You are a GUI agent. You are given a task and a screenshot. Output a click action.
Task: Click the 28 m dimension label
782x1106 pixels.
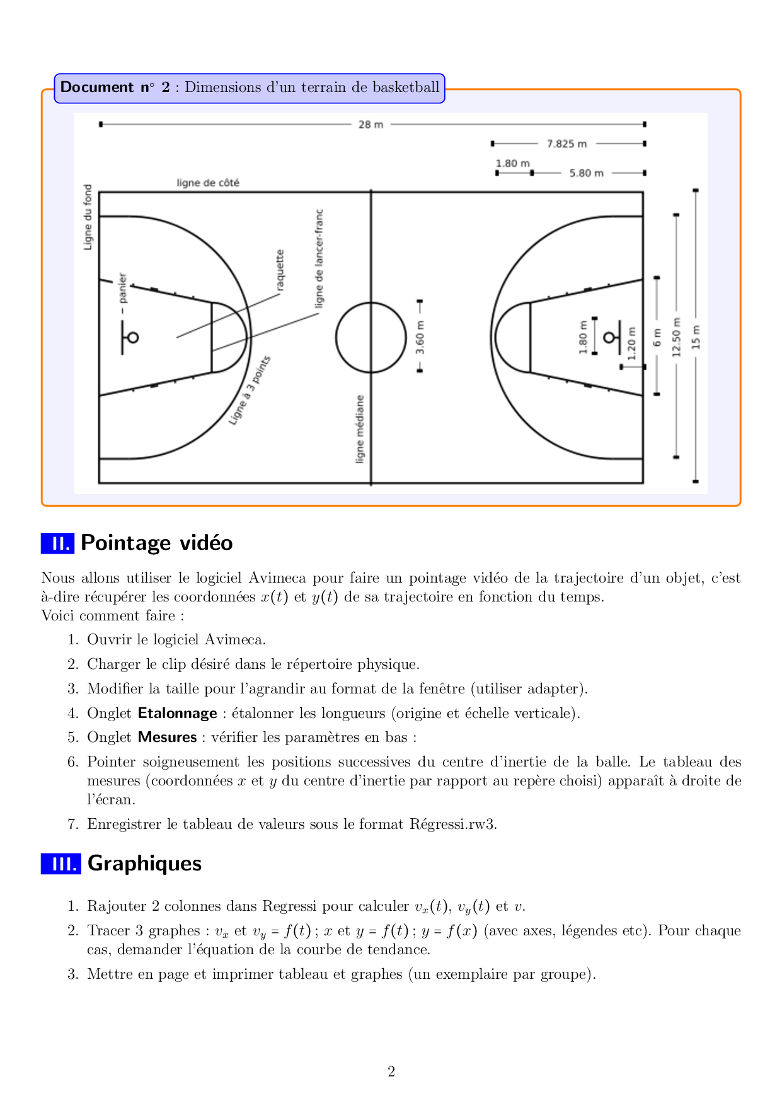tap(371, 125)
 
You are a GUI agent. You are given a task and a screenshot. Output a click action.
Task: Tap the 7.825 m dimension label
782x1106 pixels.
tap(566, 144)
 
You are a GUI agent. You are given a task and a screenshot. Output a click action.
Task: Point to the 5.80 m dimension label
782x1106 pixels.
tap(586, 173)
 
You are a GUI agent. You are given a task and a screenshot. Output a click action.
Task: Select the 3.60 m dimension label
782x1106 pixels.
tap(420, 338)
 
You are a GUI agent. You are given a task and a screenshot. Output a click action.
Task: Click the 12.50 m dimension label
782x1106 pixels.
tap(677, 337)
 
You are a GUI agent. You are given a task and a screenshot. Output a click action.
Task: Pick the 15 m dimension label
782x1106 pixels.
tap(696, 337)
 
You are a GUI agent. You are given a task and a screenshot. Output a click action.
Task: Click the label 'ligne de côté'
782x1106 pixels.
tap(208, 183)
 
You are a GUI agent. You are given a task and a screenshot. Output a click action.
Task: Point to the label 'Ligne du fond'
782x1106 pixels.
tap(88, 217)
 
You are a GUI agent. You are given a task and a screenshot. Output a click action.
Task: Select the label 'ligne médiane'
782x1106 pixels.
tap(360, 429)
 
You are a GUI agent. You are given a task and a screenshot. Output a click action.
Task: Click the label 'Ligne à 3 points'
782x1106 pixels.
tap(250, 390)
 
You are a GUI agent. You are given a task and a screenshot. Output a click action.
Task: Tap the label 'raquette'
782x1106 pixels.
tap(280, 270)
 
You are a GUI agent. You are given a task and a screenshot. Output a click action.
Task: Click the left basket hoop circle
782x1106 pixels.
tap(132, 338)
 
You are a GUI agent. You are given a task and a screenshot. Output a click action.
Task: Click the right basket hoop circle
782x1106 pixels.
tap(609, 338)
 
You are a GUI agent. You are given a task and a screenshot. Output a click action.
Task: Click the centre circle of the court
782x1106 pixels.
tap(371, 338)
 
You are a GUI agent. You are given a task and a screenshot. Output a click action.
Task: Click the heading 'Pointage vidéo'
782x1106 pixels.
tap(157, 543)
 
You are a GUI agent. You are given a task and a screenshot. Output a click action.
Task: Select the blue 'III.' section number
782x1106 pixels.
tap(61, 864)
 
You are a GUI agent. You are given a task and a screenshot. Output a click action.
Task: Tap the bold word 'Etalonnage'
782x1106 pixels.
tap(178, 714)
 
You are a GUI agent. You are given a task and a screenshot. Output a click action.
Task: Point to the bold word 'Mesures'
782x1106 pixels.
tap(168, 738)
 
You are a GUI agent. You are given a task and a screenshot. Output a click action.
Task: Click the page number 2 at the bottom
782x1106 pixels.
tap(391, 1072)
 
